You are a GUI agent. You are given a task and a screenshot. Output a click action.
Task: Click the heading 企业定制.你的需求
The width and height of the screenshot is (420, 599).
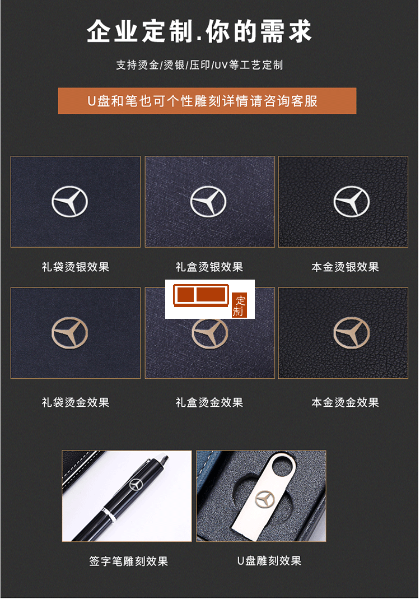click(199, 31)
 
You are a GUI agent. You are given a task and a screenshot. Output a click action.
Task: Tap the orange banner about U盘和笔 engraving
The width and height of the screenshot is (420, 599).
click(207, 101)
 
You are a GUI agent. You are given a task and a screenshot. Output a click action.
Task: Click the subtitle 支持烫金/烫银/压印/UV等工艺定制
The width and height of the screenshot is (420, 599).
click(199, 65)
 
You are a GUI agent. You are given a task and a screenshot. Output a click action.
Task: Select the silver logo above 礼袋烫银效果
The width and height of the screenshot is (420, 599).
click(70, 201)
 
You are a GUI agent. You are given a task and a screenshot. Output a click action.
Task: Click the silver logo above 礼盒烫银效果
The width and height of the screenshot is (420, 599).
click(208, 201)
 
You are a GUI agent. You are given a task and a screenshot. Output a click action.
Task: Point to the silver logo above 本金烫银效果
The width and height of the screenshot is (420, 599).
click(352, 201)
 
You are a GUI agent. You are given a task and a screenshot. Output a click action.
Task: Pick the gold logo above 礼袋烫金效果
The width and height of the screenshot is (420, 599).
click(70, 332)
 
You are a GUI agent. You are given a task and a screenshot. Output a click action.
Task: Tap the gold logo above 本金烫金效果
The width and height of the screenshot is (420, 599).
click(352, 332)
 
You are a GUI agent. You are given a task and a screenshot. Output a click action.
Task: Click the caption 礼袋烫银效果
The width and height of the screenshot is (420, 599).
click(76, 267)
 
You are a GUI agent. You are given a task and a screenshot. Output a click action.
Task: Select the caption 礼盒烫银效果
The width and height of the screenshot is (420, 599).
click(209, 267)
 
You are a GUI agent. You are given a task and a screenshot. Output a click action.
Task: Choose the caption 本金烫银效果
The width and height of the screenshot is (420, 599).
click(346, 267)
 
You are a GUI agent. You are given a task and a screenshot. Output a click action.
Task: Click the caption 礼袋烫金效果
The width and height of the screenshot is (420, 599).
click(76, 402)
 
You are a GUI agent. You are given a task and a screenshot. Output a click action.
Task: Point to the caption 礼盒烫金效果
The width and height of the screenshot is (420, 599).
click(209, 402)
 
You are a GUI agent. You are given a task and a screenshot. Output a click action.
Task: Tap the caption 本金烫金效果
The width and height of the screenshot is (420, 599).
click(346, 402)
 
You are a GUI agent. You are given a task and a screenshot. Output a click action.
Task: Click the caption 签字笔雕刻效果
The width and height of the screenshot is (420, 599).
click(129, 561)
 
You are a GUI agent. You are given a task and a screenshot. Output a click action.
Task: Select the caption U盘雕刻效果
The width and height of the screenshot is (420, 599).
click(269, 561)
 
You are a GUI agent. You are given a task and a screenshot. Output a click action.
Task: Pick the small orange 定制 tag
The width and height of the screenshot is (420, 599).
click(239, 305)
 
